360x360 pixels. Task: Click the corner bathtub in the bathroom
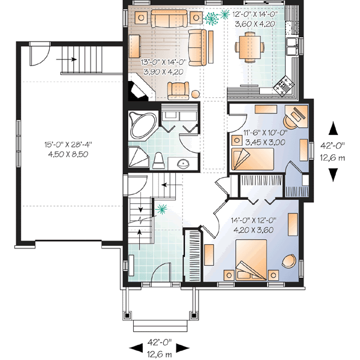click(x=142, y=124)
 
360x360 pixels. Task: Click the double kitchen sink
click(x=292, y=44)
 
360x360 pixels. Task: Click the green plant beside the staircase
click(x=160, y=209)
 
